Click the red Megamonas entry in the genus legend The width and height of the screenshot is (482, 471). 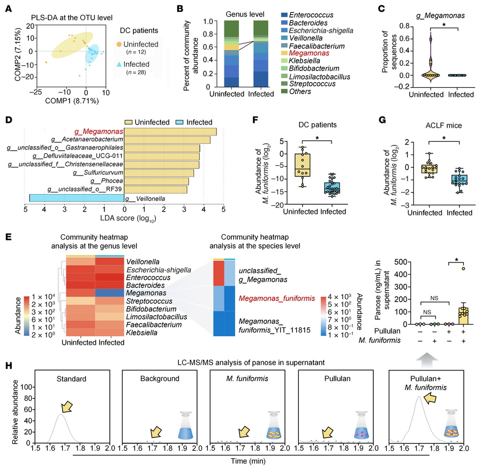(x=303, y=53)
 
